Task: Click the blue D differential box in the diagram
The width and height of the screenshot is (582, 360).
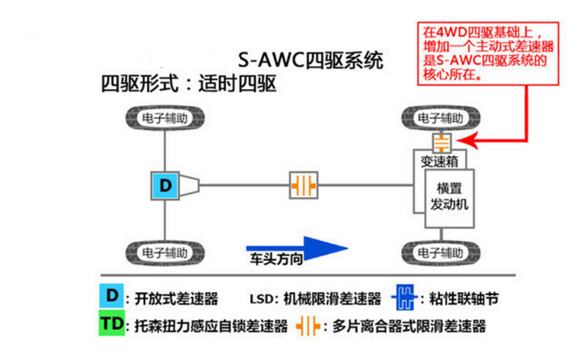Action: coord(165,185)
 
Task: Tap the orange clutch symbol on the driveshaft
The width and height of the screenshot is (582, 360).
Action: coord(303,185)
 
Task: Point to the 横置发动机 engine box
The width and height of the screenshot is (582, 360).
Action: coord(450,197)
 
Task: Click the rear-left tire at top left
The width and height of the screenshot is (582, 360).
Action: coord(165,117)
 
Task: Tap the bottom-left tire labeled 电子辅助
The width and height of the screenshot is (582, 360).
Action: coord(165,251)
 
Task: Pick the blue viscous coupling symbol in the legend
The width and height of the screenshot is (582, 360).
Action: coord(405,297)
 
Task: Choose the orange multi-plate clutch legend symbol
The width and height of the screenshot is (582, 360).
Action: coord(307,326)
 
